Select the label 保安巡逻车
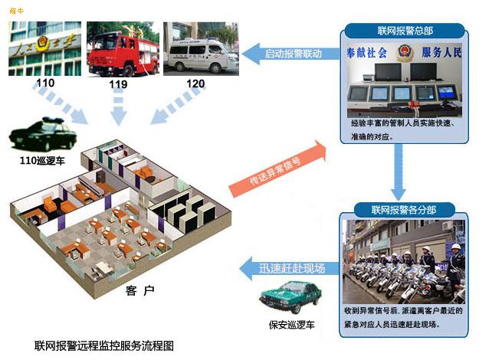point(290,325)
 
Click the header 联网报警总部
point(405,31)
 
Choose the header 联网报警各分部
point(403,210)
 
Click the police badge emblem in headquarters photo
point(405,54)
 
